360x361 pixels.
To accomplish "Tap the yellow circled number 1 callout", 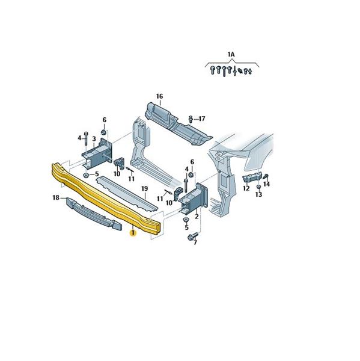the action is (x=133, y=233).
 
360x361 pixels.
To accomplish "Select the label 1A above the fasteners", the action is (x=231, y=55).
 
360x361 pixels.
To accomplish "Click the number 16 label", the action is (x=159, y=96).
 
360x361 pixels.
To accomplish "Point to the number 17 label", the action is (x=202, y=119).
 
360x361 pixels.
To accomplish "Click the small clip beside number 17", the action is (x=191, y=119).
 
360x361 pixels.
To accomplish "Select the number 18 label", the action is (x=56, y=197).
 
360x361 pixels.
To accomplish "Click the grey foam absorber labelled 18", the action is (x=94, y=214).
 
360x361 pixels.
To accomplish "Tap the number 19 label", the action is (x=144, y=189).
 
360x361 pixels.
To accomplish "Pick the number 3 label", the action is (x=94, y=139).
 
